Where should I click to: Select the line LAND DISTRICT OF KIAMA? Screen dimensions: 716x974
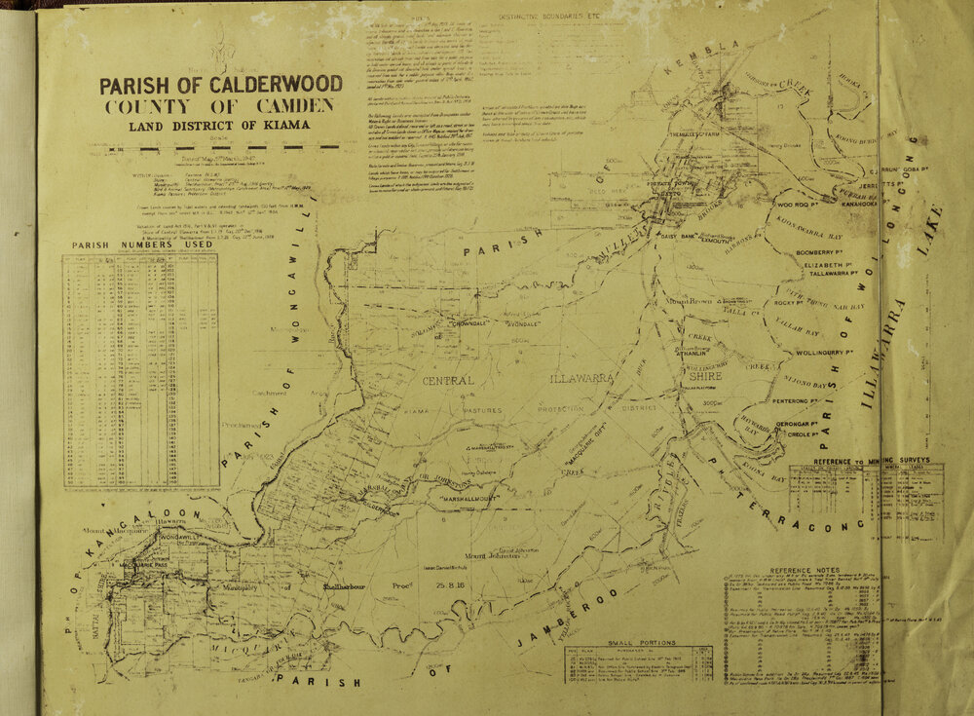[219, 125]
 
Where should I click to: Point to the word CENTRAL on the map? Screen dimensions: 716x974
[448, 380]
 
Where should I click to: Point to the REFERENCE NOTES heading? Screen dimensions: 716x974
[805, 571]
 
